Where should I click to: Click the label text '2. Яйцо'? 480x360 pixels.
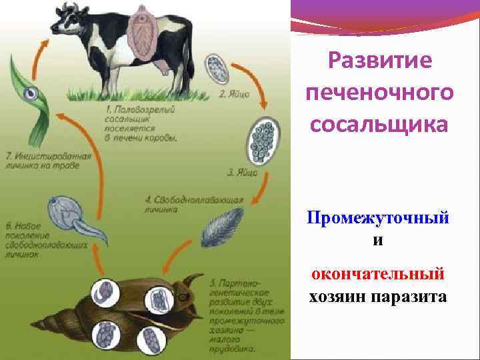point(234,95)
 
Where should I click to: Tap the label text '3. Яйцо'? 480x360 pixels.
point(239,173)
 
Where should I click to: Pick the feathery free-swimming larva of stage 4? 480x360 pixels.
point(217,227)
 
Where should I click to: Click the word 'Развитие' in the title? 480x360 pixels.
point(377,61)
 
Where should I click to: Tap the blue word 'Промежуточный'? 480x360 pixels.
point(378,218)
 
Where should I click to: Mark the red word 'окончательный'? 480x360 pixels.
point(378,274)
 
